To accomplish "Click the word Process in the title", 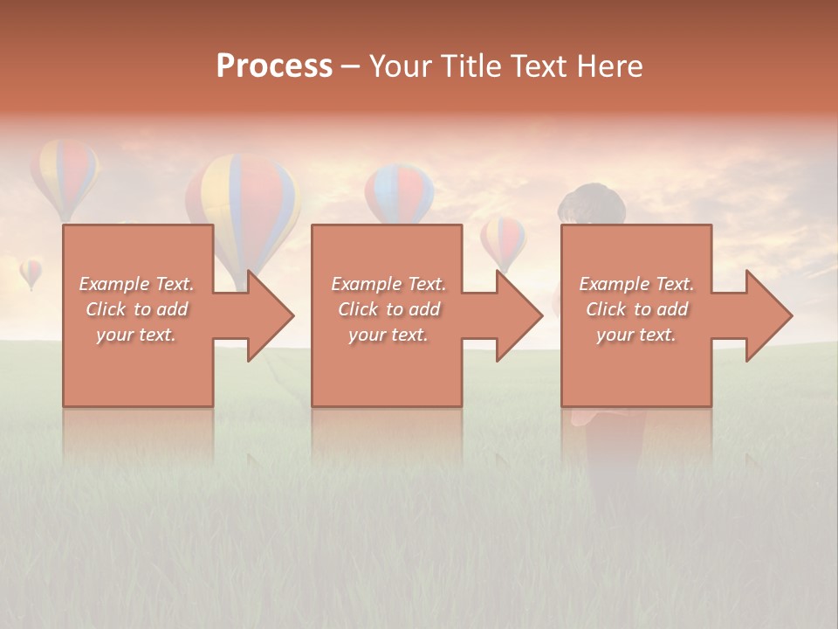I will coord(274,66).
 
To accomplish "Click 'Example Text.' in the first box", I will coord(136,284).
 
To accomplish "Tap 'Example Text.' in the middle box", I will coord(388,284).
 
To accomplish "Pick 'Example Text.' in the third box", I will coord(636,284).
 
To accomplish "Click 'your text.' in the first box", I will coord(136,335).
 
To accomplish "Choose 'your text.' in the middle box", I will coord(388,335).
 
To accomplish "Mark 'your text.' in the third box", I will coord(636,335).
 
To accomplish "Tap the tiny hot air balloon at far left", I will coord(31,273).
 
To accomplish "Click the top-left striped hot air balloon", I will coord(65,176).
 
